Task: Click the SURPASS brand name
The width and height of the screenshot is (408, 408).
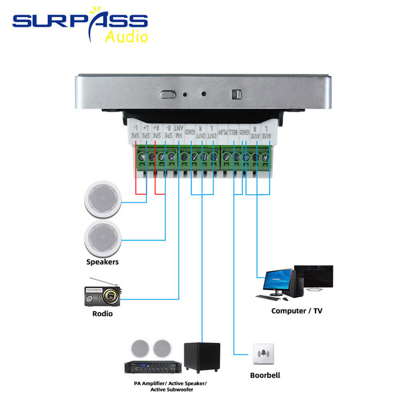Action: (x=80, y=22)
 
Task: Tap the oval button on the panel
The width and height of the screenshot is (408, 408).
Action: (x=168, y=94)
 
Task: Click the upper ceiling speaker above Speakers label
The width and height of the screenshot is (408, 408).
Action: (x=102, y=199)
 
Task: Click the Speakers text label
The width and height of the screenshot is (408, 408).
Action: (x=103, y=261)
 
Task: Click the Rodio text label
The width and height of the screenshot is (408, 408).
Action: (x=102, y=313)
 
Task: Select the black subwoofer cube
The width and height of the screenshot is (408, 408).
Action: (x=202, y=357)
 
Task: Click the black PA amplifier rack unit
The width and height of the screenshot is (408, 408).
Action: (x=153, y=367)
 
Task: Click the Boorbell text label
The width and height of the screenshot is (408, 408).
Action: (x=264, y=375)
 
